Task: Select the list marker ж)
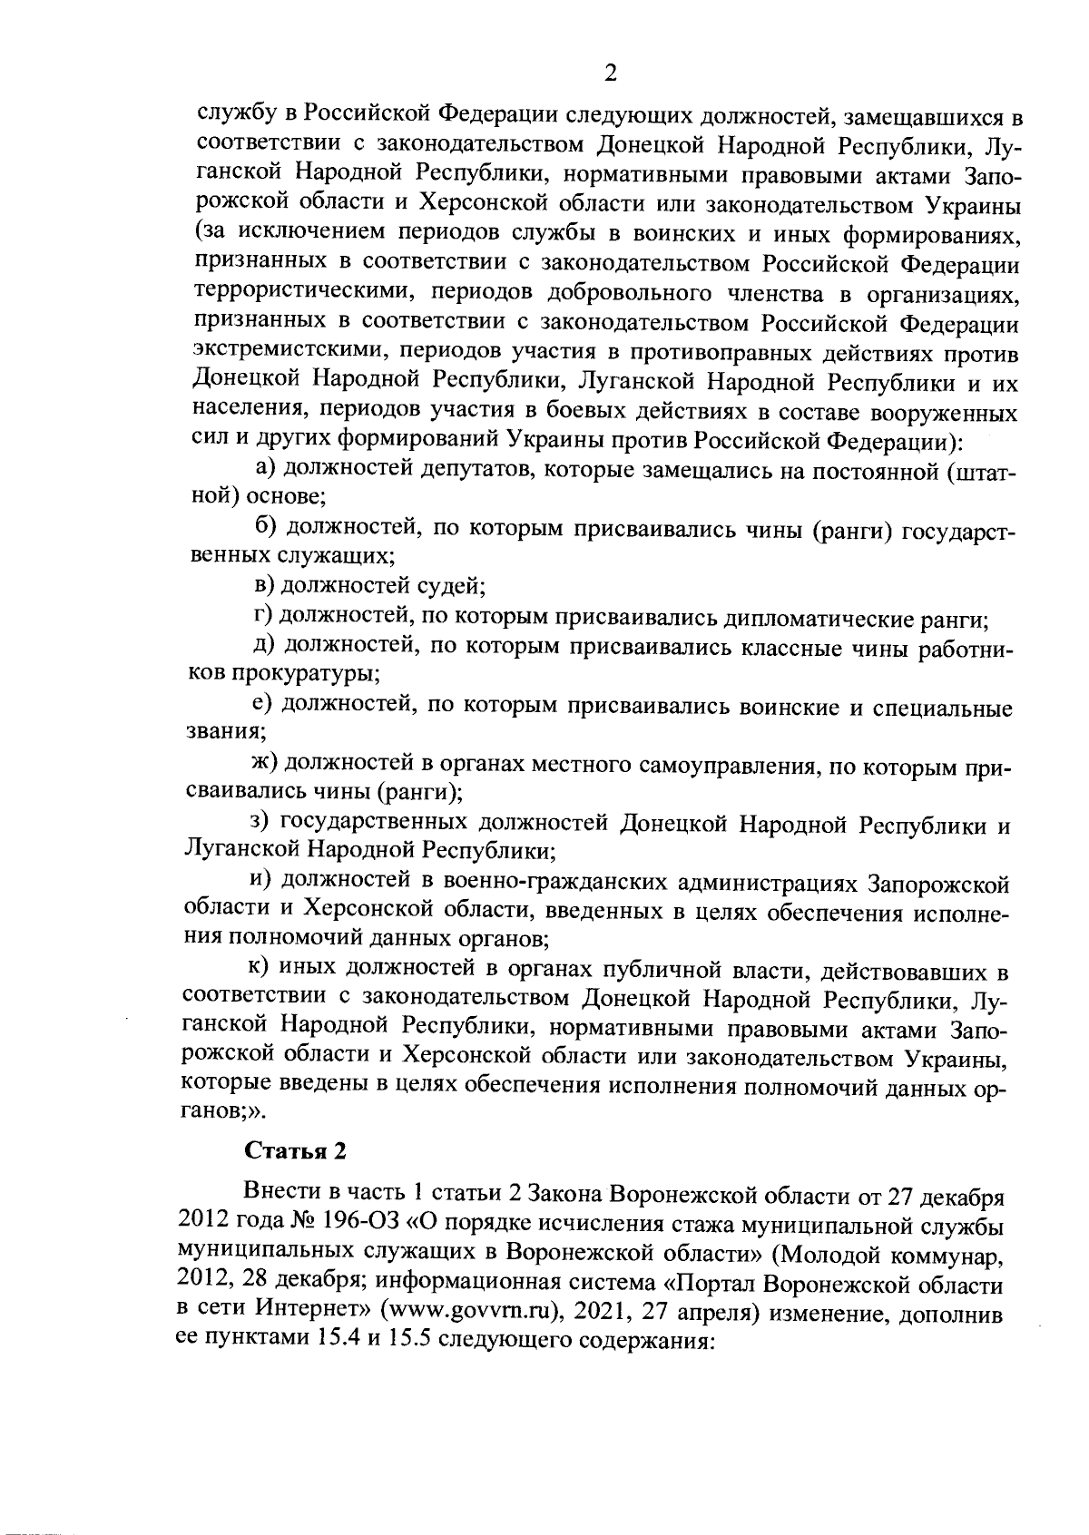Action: coord(266,768)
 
